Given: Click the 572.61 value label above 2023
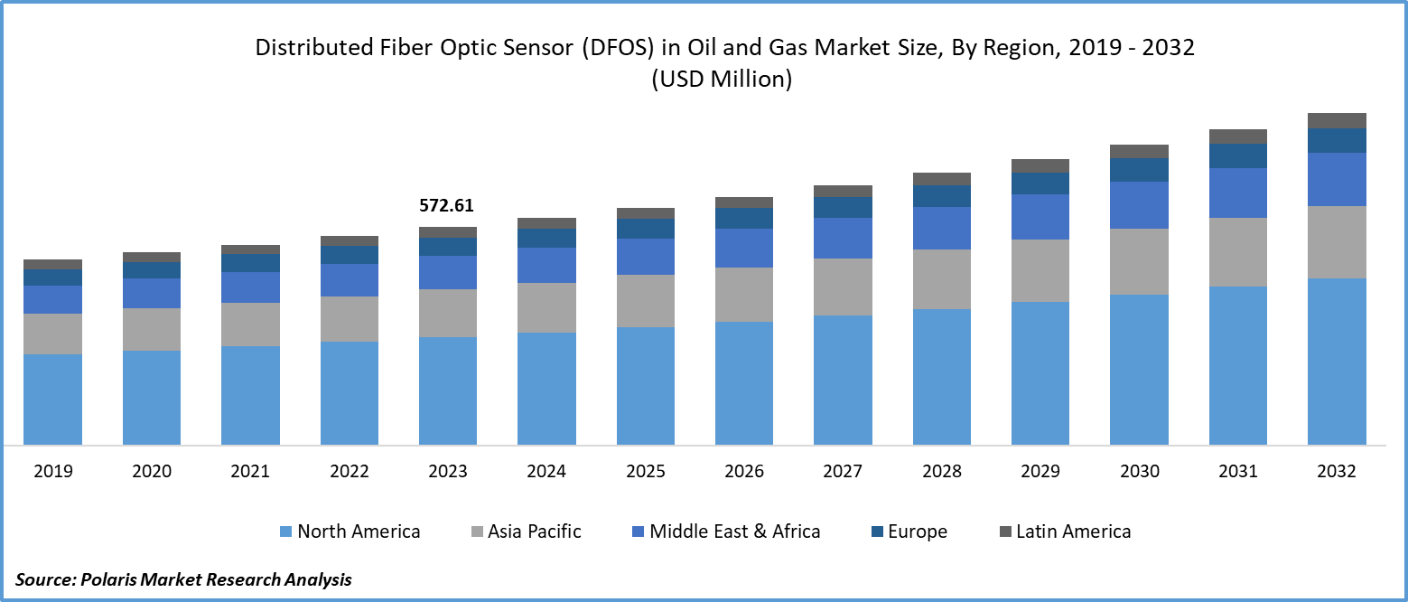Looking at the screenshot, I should click(446, 206).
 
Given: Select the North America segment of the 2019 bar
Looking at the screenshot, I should click(52, 399).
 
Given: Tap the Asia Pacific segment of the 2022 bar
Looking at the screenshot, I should click(349, 318).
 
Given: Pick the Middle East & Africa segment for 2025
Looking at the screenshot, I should click(645, 256).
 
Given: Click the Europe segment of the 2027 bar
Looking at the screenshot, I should click(843, 207).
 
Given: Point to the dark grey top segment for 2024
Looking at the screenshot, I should click(546, 223).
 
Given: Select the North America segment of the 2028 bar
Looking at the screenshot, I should click(941, 376).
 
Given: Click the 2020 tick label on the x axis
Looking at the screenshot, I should click(151, 471).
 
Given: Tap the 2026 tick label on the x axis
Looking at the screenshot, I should click(744, 471).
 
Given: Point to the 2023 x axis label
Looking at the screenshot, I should click(447, 471).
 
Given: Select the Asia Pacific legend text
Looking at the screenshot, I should click(535, 531).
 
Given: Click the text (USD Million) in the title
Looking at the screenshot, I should click(721, 80).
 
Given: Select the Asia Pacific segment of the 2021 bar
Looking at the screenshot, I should click(250, 324).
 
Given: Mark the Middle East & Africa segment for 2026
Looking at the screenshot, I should click(744, 248).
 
